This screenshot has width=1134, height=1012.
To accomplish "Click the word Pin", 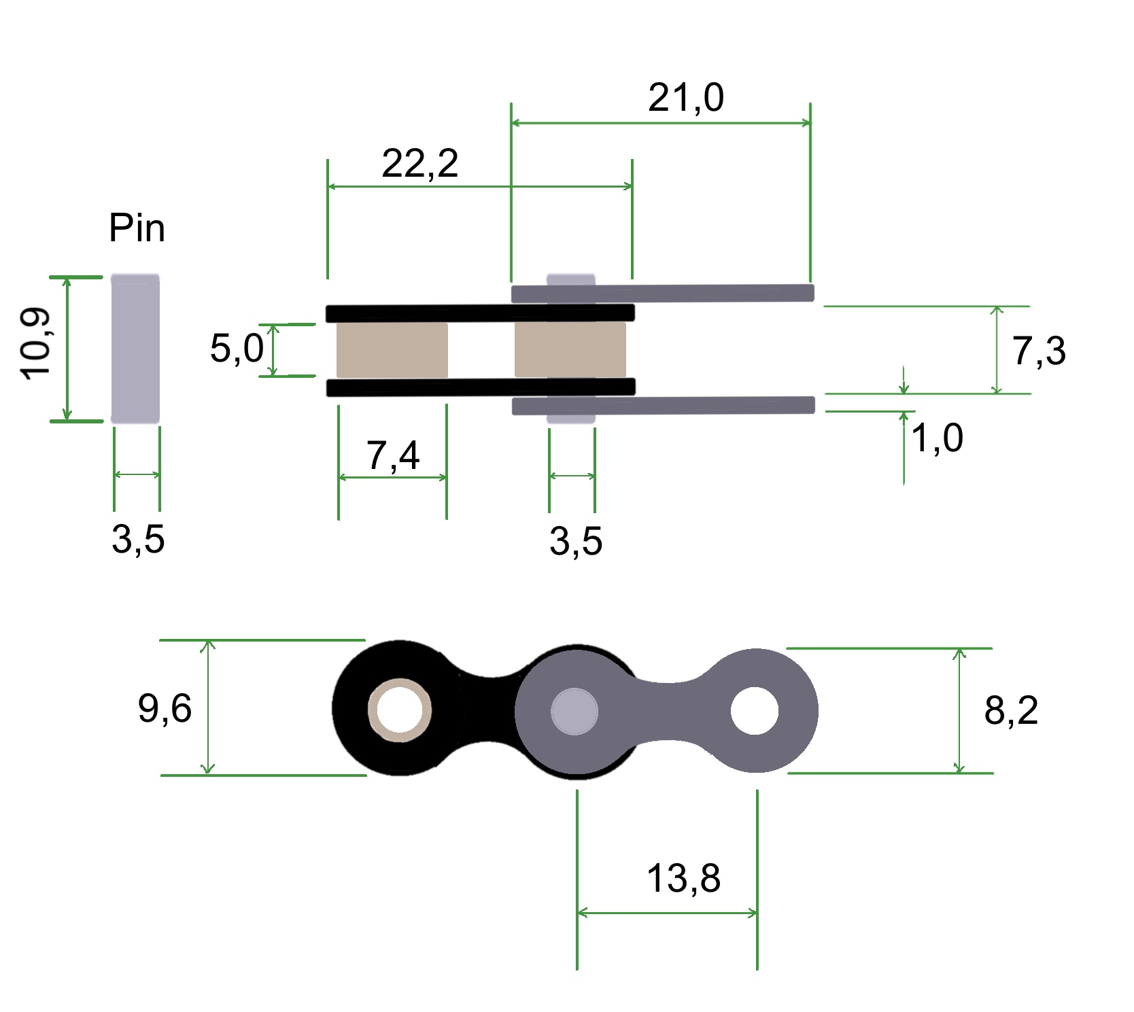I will coord(137,228).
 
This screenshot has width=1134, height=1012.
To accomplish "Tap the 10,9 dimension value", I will coord(35,344).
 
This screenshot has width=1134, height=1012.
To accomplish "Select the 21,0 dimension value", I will coord(685,98).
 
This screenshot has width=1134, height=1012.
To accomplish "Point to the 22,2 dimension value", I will coord(419,164).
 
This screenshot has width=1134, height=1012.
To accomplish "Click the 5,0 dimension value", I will coord(237,348).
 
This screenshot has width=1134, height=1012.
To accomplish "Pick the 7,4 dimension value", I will coord(392,455).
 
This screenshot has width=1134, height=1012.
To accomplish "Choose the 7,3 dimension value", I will coord(1039,351).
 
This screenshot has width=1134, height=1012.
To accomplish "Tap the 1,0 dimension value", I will coord(937,438).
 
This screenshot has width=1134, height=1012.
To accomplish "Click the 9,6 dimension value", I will coord(165,708).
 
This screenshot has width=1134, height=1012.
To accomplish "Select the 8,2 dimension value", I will coord(1011,711).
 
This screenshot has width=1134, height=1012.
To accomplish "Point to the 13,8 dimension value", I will coord(683,878).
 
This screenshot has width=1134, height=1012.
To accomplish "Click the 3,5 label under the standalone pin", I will coord(138,540).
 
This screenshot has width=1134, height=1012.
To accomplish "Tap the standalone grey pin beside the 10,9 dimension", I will coord(135,349).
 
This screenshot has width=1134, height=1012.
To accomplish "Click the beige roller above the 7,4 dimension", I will coord(392,350).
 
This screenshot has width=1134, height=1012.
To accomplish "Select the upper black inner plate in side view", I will coord(479,313).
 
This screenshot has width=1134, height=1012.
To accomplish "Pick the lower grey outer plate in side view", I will coord(663,406).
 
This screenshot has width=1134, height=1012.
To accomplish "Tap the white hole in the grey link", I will coord(755,711).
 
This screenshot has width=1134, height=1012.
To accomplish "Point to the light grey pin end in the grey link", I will coord(574,712).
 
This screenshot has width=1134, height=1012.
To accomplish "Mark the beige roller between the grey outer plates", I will coord(570,350).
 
